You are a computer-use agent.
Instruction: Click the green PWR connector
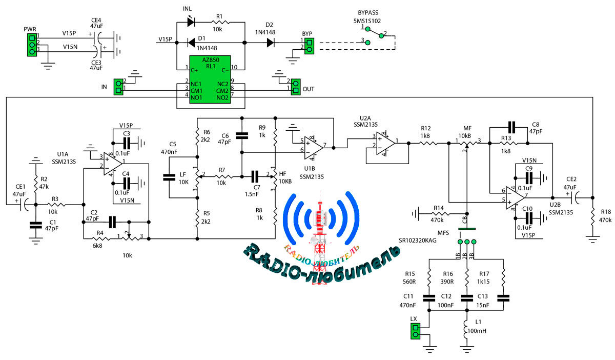[32, 45]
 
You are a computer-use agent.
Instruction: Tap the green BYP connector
[309, 45]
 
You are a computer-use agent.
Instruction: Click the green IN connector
[119, 86]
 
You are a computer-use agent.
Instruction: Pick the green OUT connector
[295, 86]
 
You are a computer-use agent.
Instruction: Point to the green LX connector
[415, 332]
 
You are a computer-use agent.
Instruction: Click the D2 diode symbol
[270, 43]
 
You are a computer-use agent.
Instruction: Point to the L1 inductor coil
[466, 328]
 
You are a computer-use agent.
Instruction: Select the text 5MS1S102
[367, 21]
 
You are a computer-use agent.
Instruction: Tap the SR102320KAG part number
[418, 239]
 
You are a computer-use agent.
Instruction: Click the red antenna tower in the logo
[321, 231]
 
